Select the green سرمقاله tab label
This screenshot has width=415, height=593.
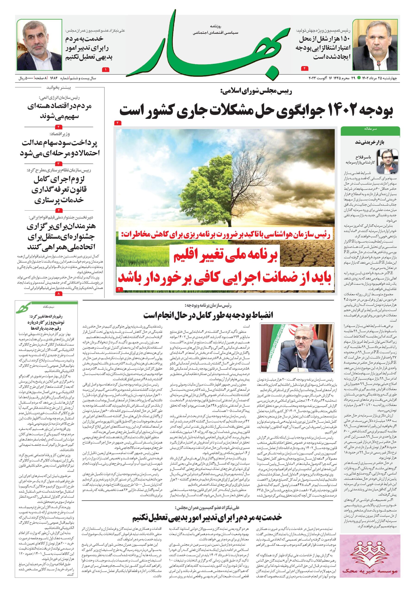(x=370, y=128)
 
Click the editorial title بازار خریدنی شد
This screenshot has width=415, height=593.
(x=370, y=142)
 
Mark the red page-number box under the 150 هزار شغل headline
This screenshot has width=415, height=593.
(x=305, y=68)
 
